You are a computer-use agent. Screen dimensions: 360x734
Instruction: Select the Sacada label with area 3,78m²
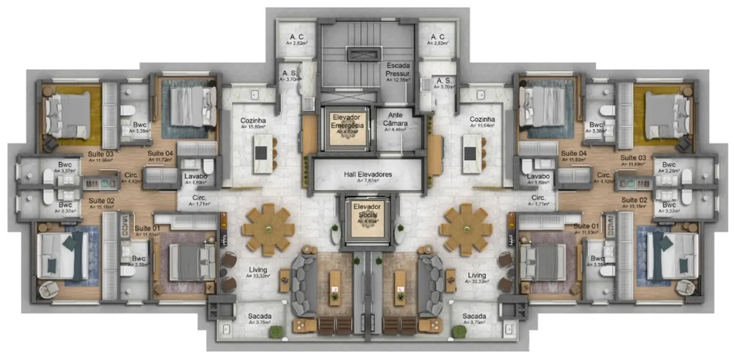pos(259,318)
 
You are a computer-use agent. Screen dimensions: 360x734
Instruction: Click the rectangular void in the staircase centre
pos(364,54)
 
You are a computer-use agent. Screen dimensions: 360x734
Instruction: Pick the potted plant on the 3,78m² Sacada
pos(276,331)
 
